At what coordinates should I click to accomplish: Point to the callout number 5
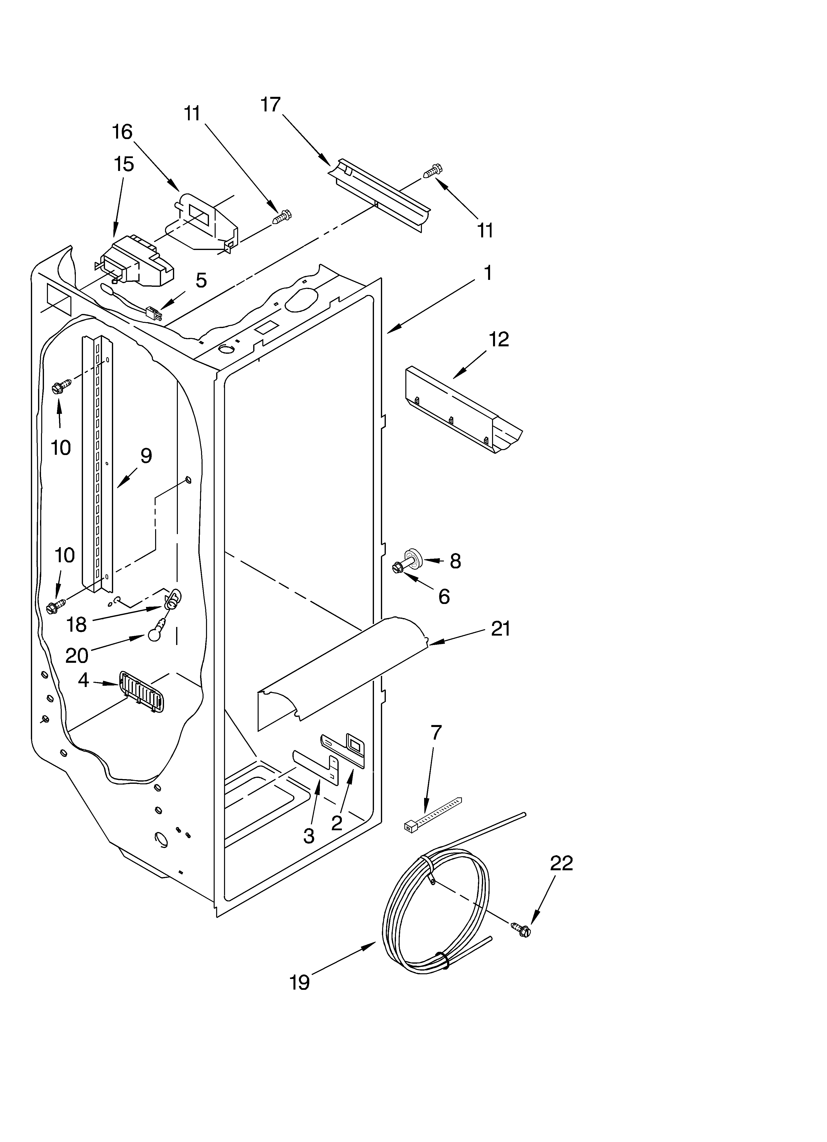pyautogui.click(x=201, y=280)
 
